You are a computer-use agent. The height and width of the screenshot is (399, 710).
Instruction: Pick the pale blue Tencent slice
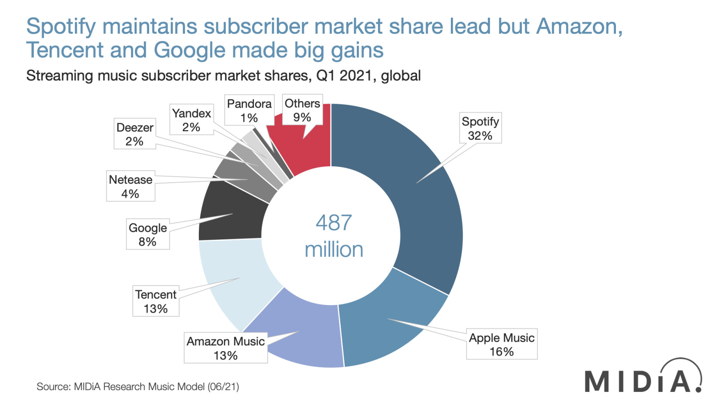coord(235,275)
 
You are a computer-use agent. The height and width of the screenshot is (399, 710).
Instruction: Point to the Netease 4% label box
coord(130,186)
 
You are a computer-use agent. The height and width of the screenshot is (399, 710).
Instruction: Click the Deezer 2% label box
coord(134,134)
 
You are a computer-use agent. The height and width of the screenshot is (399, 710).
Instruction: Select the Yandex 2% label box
coord(191,120)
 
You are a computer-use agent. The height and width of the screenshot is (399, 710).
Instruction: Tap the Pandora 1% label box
coord(249,110)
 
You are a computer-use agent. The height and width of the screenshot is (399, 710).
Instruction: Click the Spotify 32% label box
coord(480,128)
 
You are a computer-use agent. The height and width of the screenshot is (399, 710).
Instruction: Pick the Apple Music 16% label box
coord(501,344)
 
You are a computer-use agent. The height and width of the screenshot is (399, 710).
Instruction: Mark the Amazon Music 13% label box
coord(225,348)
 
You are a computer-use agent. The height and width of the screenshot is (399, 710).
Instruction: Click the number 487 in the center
coord(334,223)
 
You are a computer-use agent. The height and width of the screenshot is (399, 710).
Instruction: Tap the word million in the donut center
coord(334,250)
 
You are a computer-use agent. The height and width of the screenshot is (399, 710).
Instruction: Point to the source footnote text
coord(138,387)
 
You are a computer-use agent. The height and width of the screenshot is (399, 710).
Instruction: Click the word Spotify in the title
coord(61,27)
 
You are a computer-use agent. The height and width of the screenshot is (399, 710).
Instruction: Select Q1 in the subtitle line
coord(325,76)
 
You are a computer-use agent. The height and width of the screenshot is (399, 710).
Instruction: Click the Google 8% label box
coord(147,234)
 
